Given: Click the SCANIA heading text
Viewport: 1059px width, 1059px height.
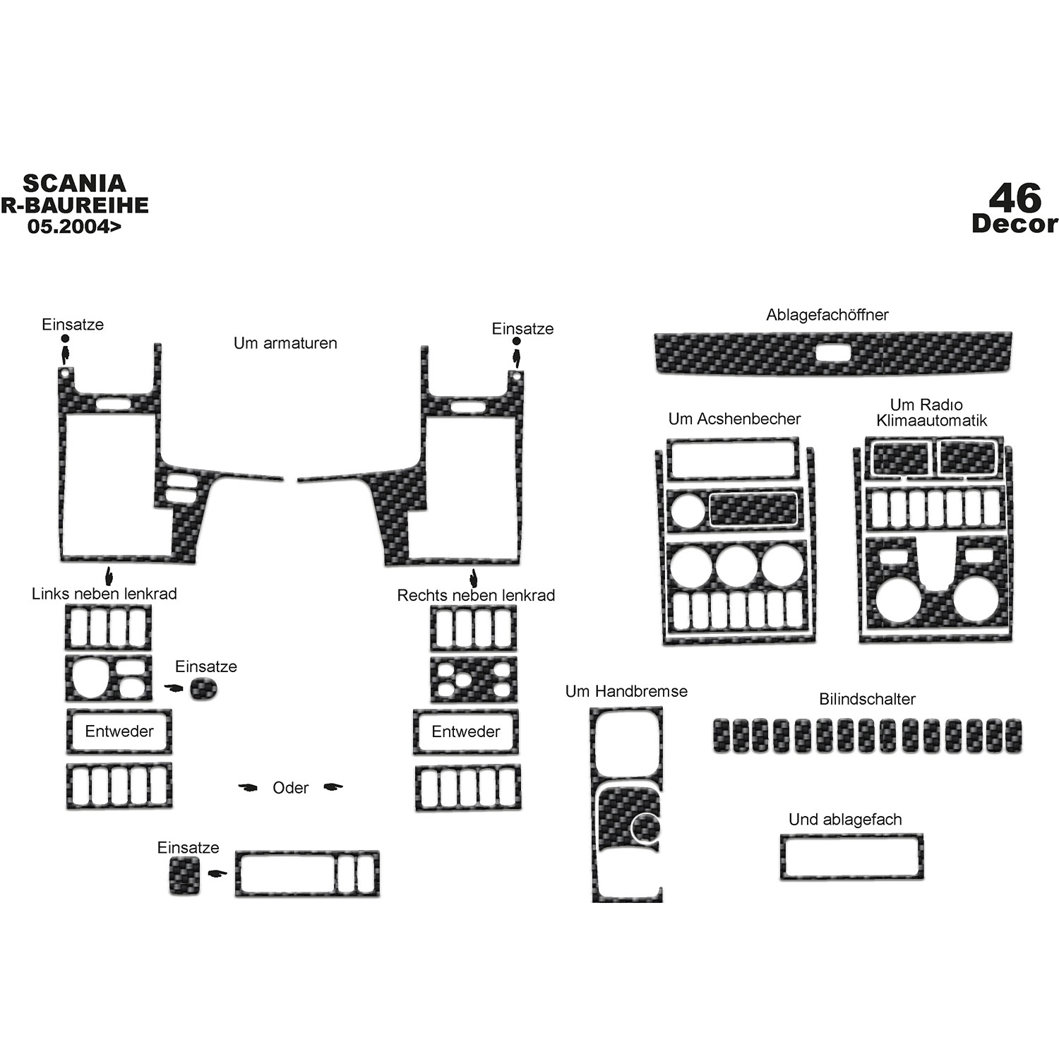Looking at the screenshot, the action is [x=74, y=184].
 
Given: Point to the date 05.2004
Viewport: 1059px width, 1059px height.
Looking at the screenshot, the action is [x=74, y=227].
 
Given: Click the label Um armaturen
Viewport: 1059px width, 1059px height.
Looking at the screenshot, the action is [x=285, y=343].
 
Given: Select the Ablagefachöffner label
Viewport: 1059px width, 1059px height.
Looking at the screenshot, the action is [x=827, y=315].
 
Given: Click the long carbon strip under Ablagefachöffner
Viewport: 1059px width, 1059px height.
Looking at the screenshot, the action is [x=833, y=353].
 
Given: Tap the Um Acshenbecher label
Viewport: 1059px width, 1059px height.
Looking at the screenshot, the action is [x=734, y=419].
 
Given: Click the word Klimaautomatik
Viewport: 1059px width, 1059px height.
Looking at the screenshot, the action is [x=932, y=421].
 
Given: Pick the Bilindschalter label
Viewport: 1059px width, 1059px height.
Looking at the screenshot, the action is [x=867, y=699].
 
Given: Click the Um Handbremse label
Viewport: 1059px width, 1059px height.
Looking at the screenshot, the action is [x=626, y=691].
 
